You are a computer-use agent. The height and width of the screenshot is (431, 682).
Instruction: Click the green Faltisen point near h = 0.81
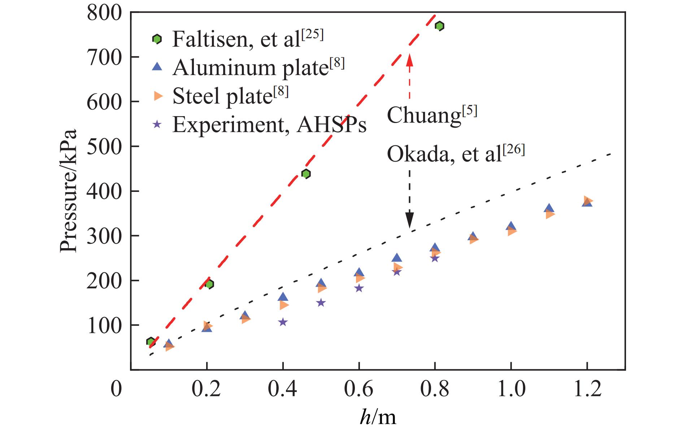pos(439,26)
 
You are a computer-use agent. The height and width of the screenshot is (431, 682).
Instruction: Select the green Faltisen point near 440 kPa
pos(306,174)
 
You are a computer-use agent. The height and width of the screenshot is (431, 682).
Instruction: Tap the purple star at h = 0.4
pos(283,322)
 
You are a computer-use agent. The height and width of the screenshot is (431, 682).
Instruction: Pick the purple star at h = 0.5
pos(321,303)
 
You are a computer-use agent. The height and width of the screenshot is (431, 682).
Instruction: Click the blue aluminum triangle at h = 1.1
pos(549,208)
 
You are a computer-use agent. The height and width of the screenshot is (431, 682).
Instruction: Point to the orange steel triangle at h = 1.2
pos(588,200)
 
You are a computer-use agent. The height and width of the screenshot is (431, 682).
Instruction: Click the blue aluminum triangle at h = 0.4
pos(283,297)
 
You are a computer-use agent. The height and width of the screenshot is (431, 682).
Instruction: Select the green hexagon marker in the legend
pos(157,39)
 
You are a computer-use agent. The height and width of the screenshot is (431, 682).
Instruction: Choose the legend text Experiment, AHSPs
pos(269,125)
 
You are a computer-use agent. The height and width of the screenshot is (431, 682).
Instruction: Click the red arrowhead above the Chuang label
pos(409,59)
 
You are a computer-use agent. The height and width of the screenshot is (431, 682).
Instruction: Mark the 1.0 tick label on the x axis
pos(511,390)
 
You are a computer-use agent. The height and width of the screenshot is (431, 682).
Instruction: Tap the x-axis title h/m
pos(378,417)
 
